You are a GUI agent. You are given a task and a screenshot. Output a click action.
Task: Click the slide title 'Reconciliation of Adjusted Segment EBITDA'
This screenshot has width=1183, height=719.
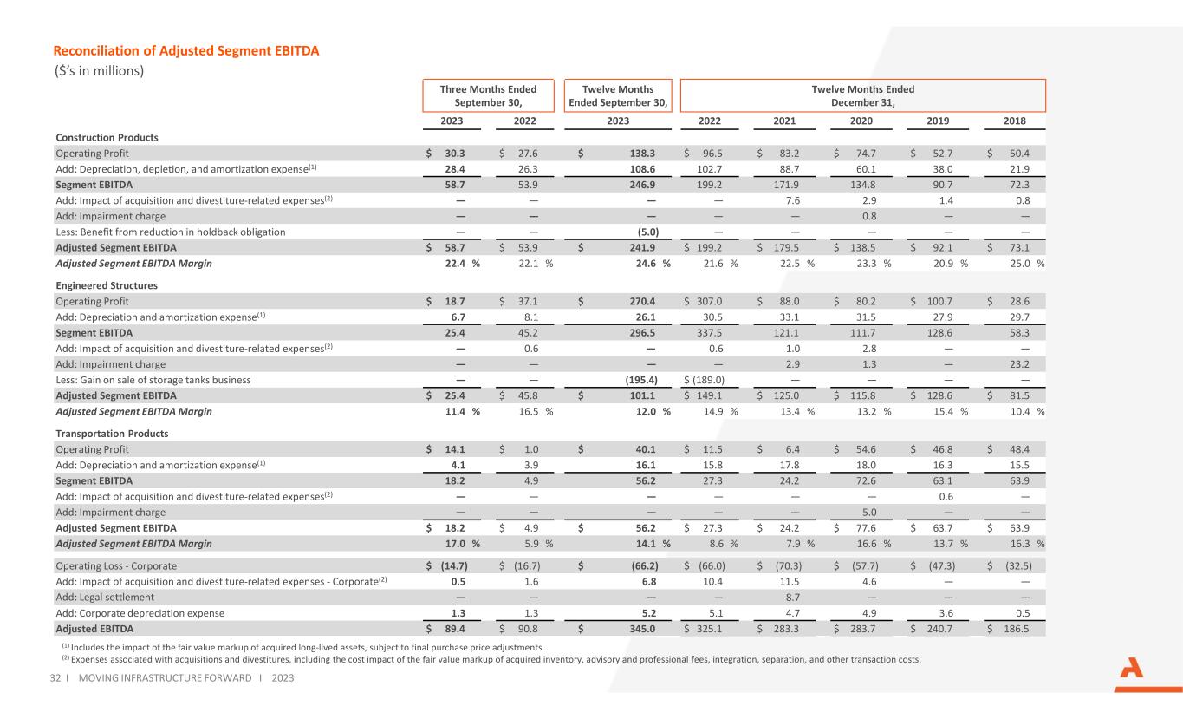coord(187,51)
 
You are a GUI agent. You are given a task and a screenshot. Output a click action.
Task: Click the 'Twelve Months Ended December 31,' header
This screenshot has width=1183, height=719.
coord(862,95)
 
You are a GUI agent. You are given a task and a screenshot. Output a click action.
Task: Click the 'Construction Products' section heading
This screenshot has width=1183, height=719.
coord(107,137)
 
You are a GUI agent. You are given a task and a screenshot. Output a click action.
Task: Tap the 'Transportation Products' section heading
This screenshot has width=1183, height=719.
coord(112,433)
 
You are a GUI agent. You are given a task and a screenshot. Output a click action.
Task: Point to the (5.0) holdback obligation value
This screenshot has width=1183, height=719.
coord(647,232)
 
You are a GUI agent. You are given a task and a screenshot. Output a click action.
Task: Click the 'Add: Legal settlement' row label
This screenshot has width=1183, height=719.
coord(105,598)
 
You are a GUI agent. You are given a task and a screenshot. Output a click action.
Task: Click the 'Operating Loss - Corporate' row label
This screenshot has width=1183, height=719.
coord(116,566)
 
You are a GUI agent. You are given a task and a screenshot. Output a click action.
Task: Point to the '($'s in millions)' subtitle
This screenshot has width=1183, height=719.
coord(98,71)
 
